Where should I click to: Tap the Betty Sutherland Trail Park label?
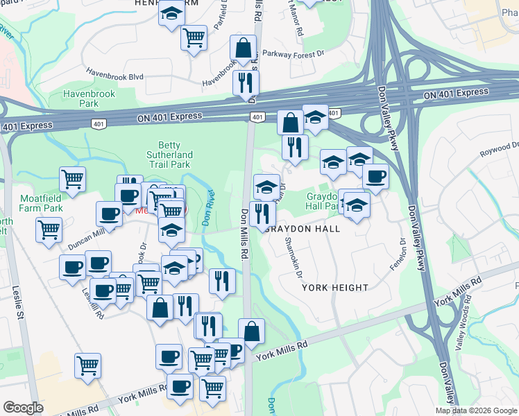pos(169,155)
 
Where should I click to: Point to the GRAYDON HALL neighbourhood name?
pos(302,229)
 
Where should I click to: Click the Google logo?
pos(23,408)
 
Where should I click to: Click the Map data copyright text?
pos(476,410)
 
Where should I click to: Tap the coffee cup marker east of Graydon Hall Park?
pos(375,176)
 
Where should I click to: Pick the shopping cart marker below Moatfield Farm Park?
pos(49,229)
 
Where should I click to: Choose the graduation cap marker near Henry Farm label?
pos(170,14)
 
